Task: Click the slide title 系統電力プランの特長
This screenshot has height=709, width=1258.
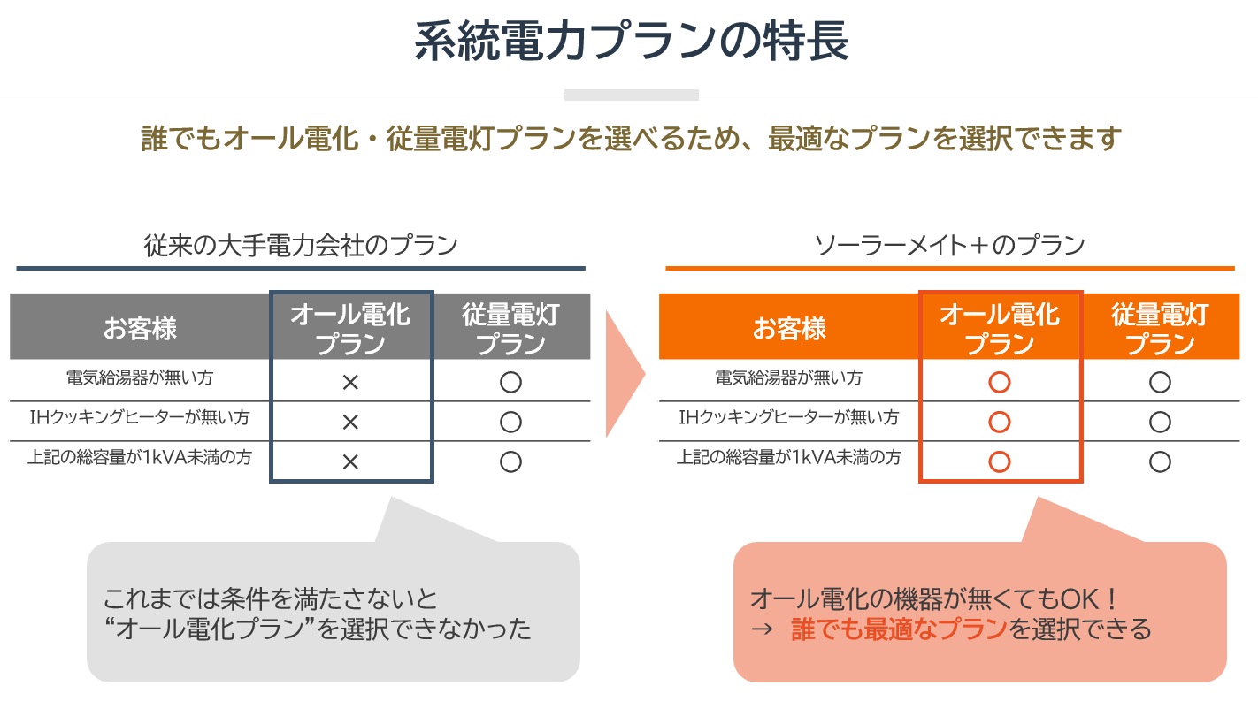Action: click(x=632, y=41)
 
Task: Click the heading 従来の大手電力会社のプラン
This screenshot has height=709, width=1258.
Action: click(x=301, y=245)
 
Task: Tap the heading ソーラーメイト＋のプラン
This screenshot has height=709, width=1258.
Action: click(x=949, y=245)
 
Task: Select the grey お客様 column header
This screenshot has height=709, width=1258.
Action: click(x=140, y=328)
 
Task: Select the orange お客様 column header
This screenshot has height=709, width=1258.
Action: click(x=789, y=328)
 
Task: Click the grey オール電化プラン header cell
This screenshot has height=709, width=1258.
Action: click(x=350, y=328)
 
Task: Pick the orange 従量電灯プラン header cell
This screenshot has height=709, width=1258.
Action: click(x=1161, y=328)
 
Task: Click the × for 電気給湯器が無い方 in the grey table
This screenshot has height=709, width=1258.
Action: click(x=350, y=382)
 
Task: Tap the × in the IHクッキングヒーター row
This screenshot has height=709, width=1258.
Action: click(x=350, y=423)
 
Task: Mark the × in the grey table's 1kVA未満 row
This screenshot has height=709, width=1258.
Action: click(x=350, y=462)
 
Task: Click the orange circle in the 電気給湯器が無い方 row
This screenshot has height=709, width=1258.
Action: click(x=1000, y=382)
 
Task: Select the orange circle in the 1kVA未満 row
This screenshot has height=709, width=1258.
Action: click(x=1000, y=462)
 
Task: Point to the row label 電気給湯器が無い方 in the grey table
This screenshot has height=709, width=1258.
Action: click(x=140, y=377)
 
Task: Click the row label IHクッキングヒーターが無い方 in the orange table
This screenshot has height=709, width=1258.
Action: click(x=789, y=417)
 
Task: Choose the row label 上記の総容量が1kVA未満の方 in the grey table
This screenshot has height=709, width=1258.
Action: click(x=140, y=458)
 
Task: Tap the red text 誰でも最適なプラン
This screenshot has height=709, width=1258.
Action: click(x=899, y=629)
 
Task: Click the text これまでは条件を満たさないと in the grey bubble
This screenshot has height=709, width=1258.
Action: click(x=270, y=599)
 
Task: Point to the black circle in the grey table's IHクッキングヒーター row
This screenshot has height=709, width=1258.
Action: click(x=511, y=423)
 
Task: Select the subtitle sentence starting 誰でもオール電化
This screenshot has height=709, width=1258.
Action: click(x=631, y=138)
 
